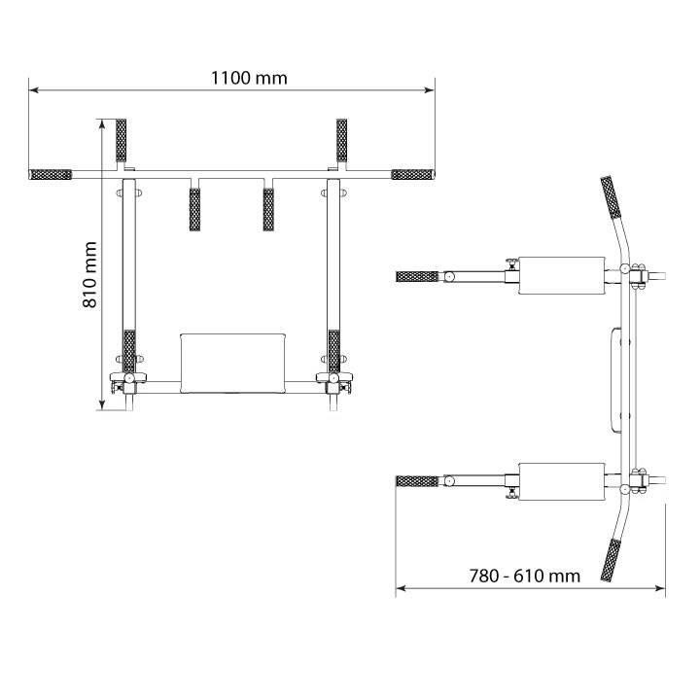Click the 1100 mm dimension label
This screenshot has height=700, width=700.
point(249,78)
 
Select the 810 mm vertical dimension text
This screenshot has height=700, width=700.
point(89,274)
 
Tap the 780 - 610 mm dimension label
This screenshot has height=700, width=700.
point(525,576)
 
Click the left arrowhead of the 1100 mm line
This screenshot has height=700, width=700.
point(33,90)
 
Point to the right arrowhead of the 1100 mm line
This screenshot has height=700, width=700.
point(430,90)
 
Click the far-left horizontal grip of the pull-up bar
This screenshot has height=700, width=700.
point(51,175)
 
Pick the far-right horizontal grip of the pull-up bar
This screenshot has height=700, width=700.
point(413,175)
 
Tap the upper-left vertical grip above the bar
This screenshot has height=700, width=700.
point(121,140)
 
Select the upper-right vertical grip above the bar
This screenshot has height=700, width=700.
point(341,140)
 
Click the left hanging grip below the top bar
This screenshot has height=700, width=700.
point(194,210)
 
